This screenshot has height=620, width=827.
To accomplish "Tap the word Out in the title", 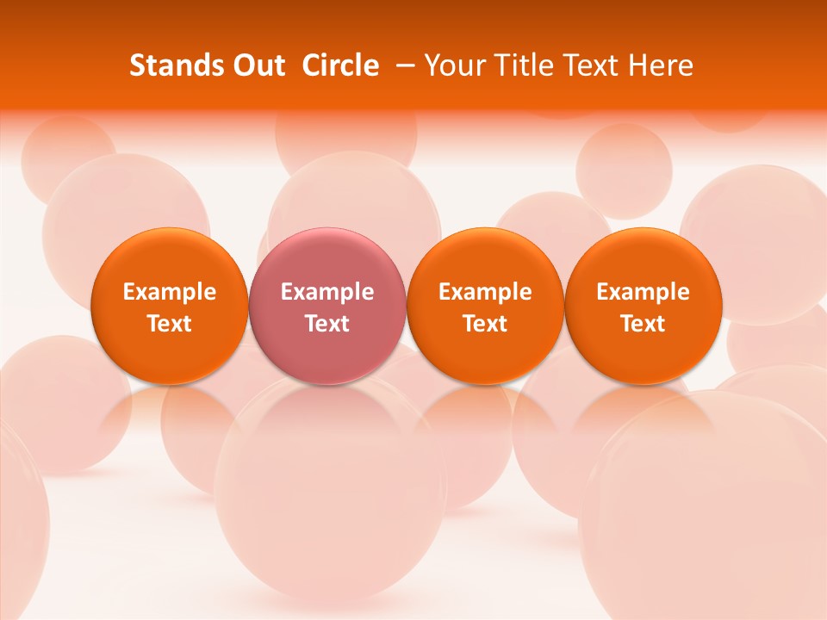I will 257,65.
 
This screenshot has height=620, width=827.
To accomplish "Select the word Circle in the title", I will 340,65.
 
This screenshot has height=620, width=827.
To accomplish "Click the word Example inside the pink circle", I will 327,292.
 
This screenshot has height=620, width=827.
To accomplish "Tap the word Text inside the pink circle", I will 327,324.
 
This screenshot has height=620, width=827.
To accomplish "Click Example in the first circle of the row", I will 170,292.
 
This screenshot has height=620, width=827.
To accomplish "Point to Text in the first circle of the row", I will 170,324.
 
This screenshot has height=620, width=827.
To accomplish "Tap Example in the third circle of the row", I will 485,292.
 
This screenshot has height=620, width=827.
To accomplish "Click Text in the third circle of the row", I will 485,324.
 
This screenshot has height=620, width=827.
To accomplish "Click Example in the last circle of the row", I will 644,292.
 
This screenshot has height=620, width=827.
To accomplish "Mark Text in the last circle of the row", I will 644,324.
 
